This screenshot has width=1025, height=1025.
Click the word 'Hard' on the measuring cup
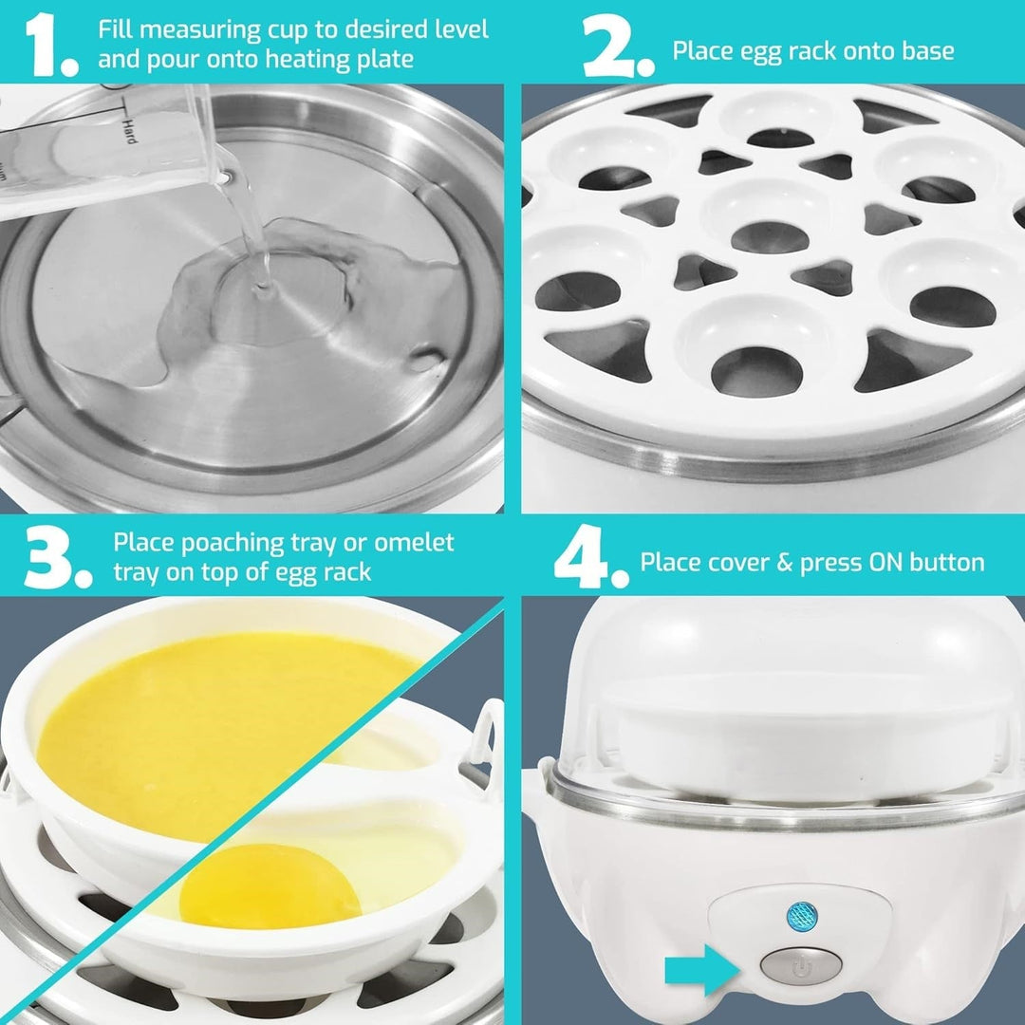coord(129,130)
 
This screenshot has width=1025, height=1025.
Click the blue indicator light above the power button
coord(802,917)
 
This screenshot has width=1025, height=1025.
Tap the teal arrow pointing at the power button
coord(702,969)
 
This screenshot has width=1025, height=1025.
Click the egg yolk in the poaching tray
coord(270,885)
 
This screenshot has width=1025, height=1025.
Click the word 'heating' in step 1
coord(307,60)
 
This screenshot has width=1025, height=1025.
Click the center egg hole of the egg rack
coord(770,236)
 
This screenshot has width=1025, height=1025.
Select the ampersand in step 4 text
coord(784,562)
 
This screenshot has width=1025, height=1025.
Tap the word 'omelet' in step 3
coord(414,543)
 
